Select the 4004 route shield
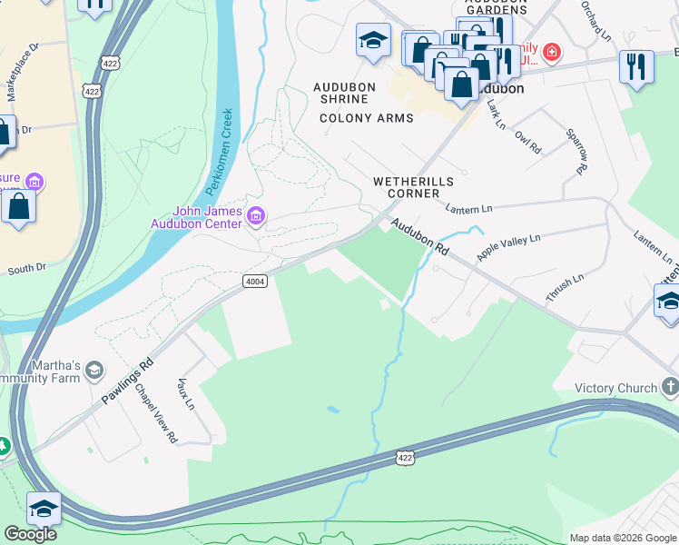(255, 282)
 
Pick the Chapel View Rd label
(157, 413)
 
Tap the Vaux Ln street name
(187, 393)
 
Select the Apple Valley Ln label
(508, 247)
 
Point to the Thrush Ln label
(565, 287)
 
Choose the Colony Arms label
(367, 118)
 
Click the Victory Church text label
(615, 388)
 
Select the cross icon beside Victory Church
(669, 388)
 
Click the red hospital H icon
(551, 54)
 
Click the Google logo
(30, 534)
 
